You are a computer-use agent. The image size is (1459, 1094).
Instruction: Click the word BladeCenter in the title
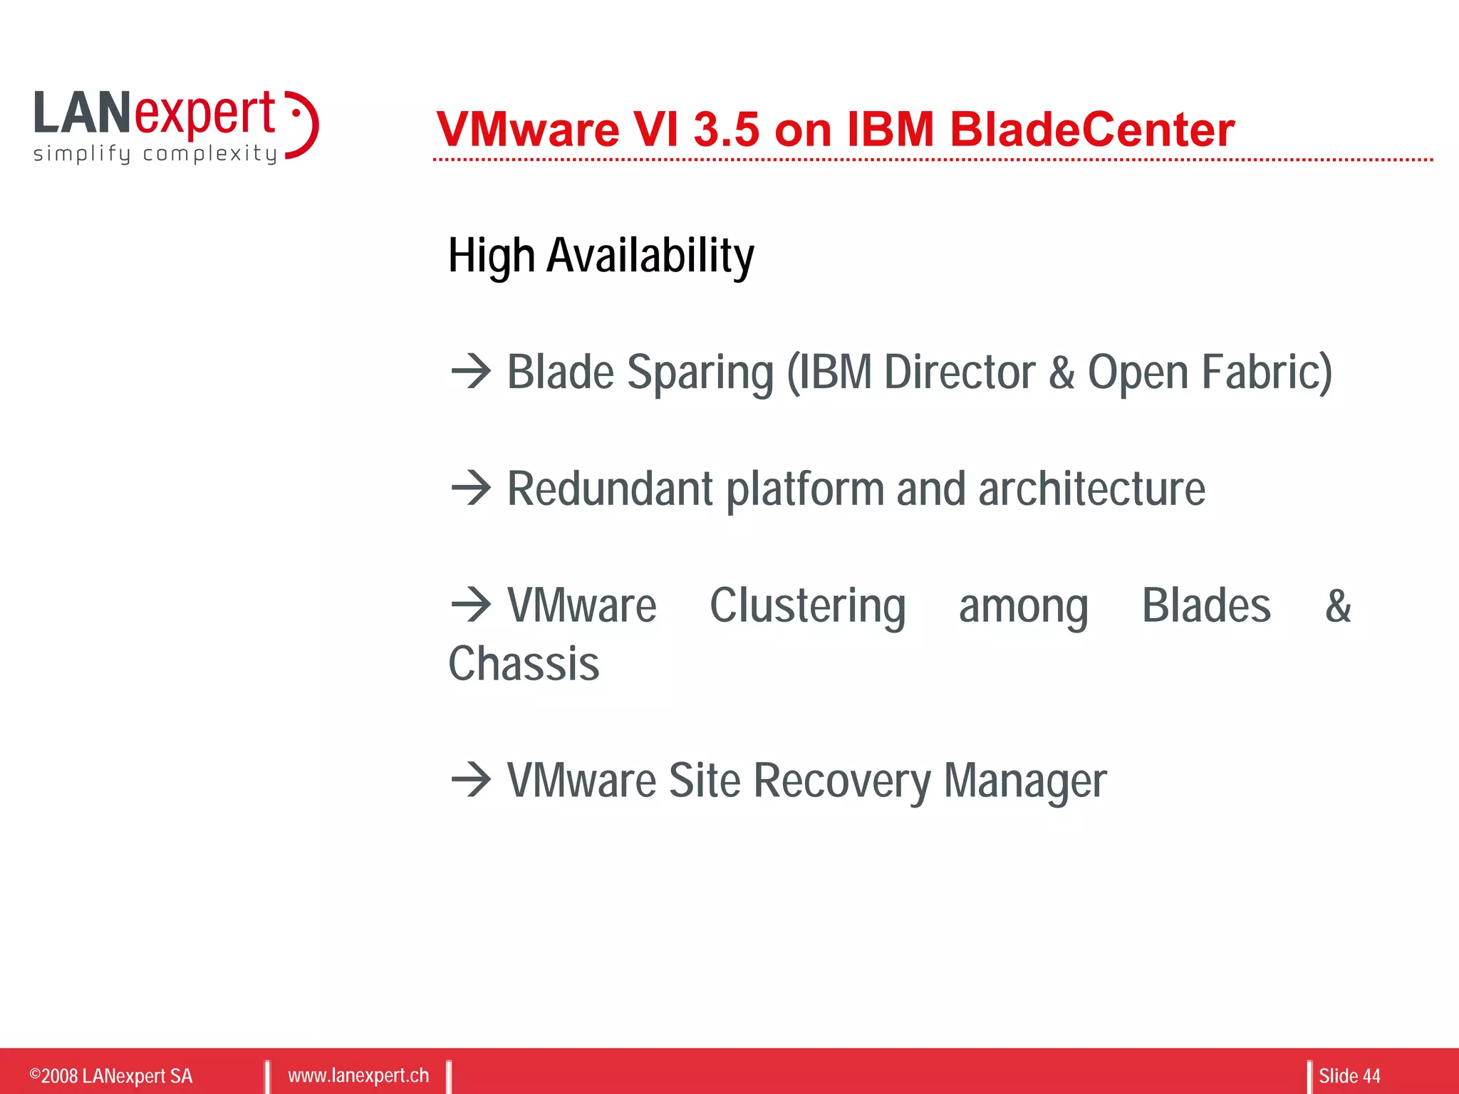(1091, 130)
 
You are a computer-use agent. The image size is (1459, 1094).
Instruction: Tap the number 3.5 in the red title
(726, 130)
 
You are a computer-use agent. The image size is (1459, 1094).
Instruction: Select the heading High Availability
(601, 256)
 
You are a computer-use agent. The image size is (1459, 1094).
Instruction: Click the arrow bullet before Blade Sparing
(471, 371)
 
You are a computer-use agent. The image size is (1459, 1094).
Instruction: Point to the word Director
(959, 373)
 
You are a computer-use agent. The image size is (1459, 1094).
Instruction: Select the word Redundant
(610, 489)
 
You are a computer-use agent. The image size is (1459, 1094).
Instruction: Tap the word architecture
(1091, 489)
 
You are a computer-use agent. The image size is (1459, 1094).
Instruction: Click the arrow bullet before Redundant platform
(471, 488)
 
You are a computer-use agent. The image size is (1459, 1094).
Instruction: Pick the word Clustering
(807, 607)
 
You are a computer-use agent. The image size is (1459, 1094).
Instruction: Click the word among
(1023, 607)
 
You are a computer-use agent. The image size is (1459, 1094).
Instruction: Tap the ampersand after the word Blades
(1338, 607)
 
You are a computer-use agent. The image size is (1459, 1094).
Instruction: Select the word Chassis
(524, 665)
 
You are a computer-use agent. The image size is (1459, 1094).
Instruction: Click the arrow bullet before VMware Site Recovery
(471, 779)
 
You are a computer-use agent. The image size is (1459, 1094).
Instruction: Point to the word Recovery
(841, 781)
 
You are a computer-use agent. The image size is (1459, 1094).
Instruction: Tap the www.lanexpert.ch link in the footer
(358, 1075)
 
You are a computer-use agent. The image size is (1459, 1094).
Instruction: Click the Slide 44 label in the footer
(1349, 1075)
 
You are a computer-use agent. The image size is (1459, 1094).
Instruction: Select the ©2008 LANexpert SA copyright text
(111, 1075)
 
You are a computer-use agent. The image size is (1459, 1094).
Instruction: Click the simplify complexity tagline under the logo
(155, 154)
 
